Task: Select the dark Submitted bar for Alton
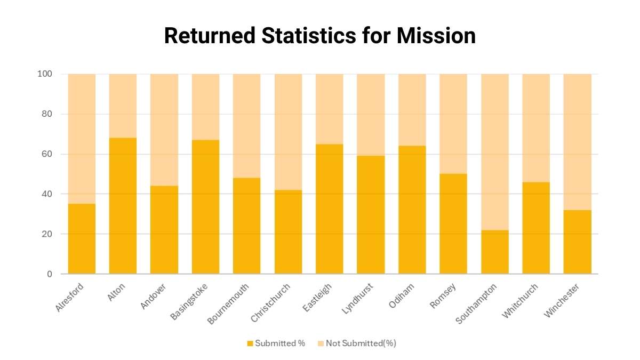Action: point(123,206)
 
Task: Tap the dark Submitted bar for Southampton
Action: point(495,252)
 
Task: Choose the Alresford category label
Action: point(69,299)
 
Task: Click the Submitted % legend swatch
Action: point(250,343)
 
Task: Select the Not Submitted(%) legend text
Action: point(361,343)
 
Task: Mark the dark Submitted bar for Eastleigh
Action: point(329,209)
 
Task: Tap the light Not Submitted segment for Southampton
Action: point(495,152)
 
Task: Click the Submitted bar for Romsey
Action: point(453,224)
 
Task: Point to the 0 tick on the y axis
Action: point(49,274)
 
